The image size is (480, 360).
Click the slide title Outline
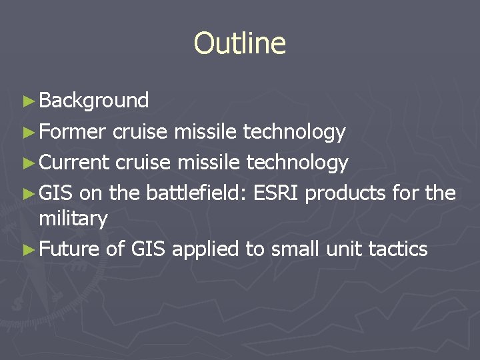[239, 44]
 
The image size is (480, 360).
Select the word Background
[94, 101]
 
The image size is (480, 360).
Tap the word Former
[72, 132]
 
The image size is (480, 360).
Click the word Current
[73, 162]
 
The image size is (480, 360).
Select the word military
[73, 219]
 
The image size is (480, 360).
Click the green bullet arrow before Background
[27, 101]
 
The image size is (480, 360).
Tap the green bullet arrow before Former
[27, 133]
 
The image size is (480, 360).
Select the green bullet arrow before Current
[27, 163]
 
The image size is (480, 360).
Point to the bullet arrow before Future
[27, 250]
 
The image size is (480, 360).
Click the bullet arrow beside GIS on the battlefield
[27, 194]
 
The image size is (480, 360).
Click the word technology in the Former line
[294, 132]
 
